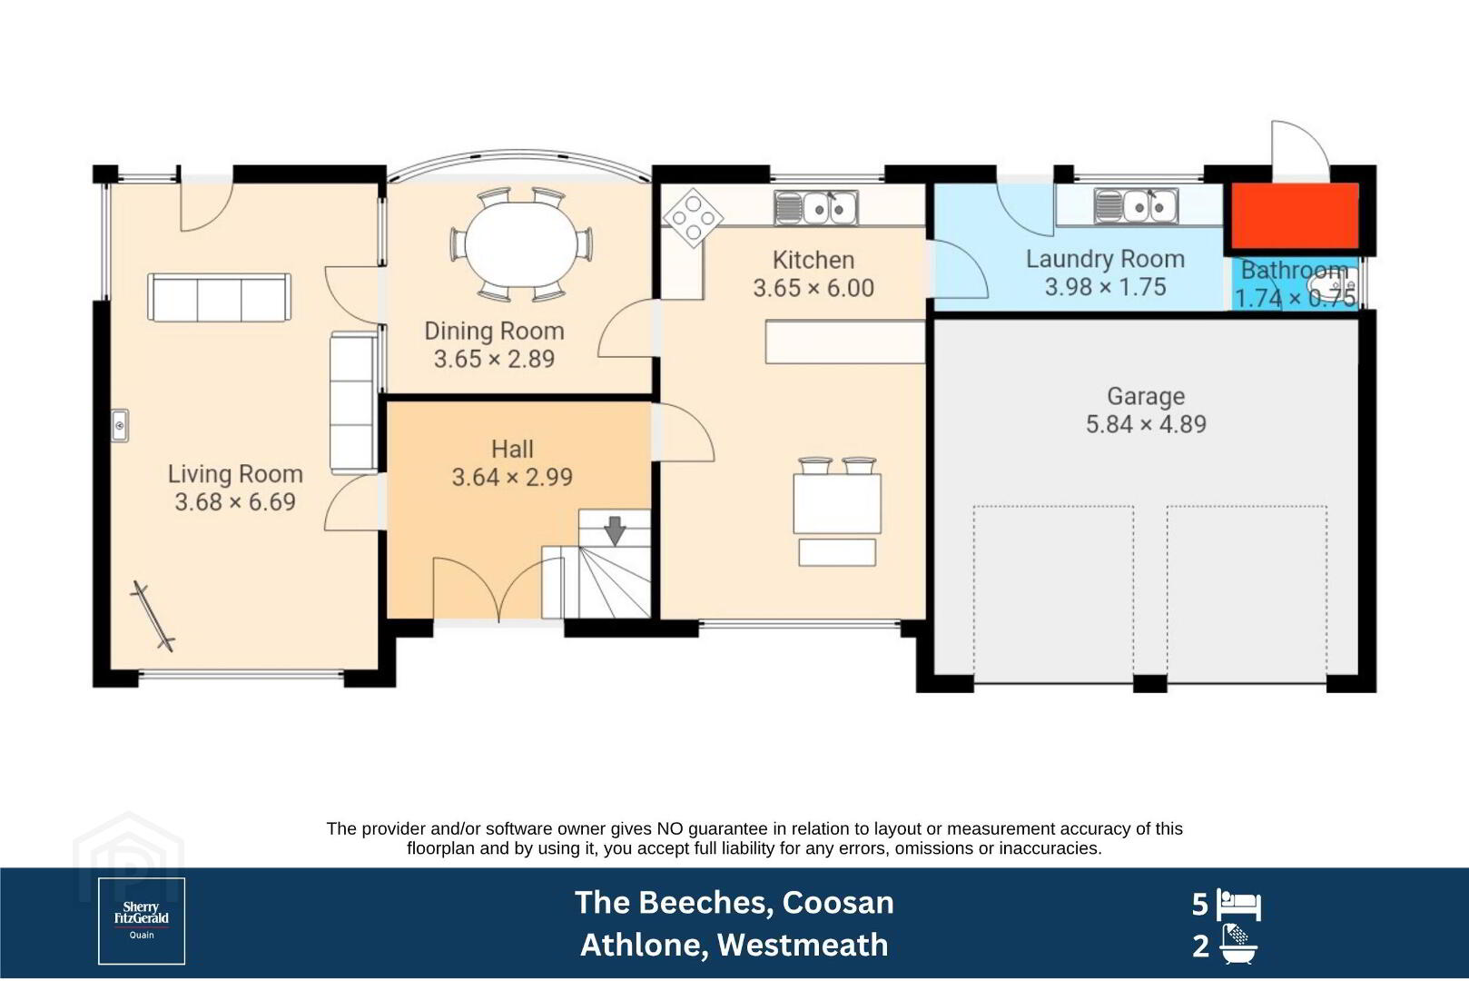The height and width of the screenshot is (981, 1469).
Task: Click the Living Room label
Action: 235,474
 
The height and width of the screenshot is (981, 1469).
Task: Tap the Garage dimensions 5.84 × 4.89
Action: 1146,424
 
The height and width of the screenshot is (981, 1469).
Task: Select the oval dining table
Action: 521,244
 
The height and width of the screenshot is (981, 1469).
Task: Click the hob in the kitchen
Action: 693,218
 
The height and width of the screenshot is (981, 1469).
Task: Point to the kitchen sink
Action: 816,208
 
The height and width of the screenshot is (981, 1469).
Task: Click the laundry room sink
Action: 1136,206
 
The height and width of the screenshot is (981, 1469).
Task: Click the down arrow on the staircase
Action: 615,530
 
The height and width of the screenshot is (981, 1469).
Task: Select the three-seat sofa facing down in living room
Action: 220,298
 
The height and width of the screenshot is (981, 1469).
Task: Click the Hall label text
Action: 512,450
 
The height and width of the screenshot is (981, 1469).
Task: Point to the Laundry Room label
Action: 1105,259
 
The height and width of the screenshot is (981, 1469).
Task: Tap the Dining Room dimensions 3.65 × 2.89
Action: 494,360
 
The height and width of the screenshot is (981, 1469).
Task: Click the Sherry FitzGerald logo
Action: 142,921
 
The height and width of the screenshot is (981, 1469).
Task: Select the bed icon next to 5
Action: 1238,905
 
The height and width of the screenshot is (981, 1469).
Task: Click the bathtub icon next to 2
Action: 1238,945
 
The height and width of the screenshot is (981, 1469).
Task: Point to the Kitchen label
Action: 813,260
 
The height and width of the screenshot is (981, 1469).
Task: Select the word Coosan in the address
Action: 837,903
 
